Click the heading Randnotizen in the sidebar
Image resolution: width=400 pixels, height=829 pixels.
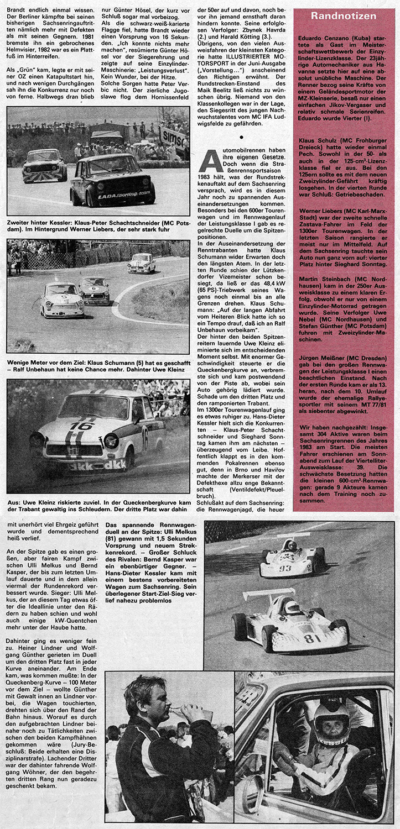(344, 16)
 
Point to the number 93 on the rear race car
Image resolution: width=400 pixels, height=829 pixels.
(285, 568)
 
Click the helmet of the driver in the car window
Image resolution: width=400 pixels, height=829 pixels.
(331, 721)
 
